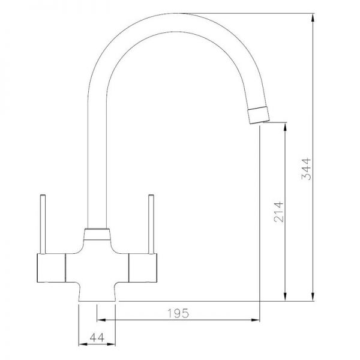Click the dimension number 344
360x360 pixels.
pos(306,169)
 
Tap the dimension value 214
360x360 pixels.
pos(279,212)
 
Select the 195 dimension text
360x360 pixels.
pos(178,313)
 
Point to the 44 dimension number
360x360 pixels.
pos(97,337)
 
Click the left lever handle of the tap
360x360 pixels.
pos(43,224)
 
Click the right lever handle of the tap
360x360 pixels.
pos(151,224)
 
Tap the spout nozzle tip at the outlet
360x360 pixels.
pos(258,115)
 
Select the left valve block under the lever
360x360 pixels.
pos(51,268)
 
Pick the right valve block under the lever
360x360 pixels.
pos(143,268)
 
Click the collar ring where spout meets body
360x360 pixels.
pos(97,234)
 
